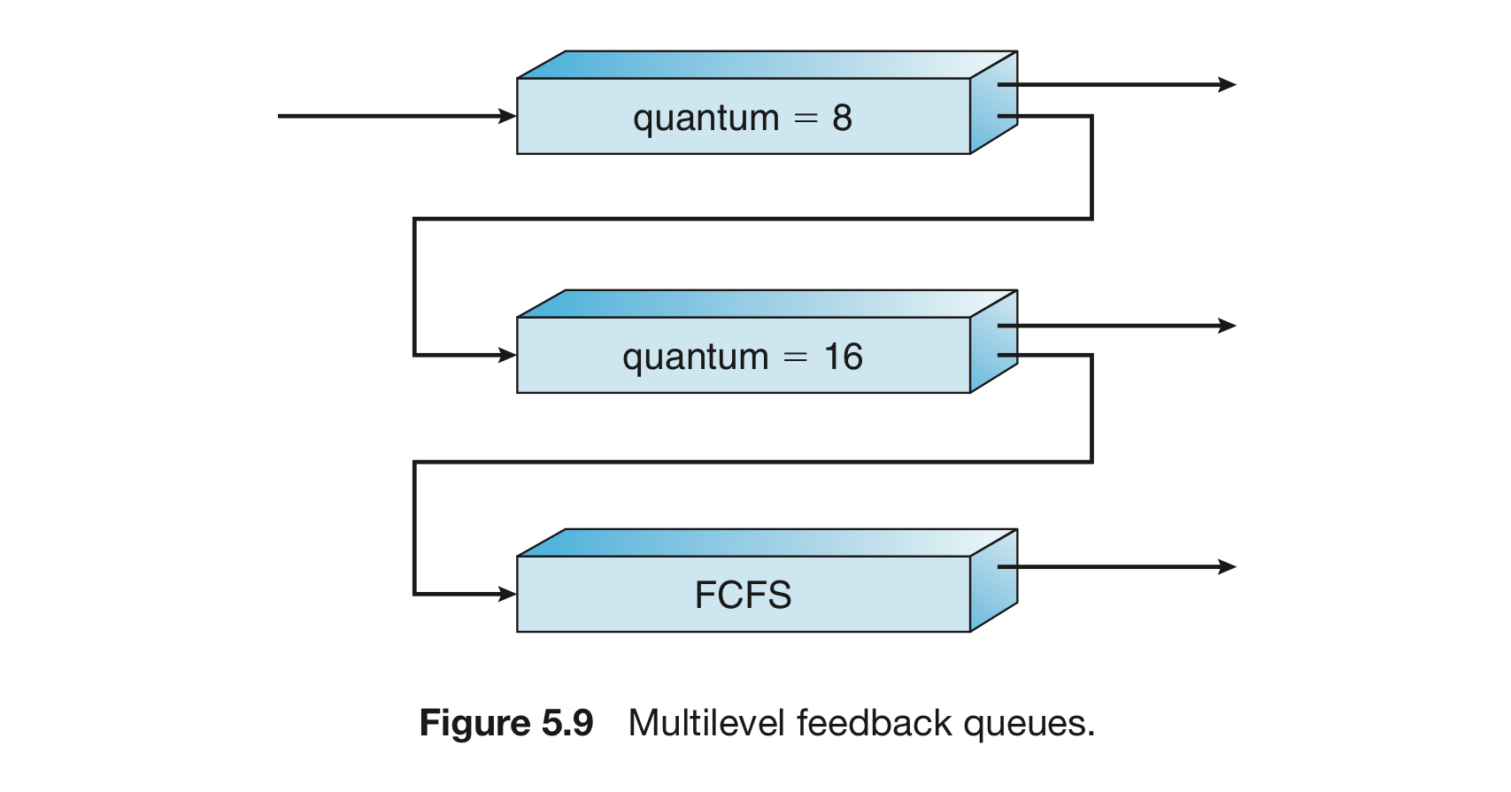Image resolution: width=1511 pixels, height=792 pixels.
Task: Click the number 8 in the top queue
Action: tap(842, 118)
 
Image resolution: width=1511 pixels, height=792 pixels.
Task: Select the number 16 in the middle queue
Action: tap(844, 357)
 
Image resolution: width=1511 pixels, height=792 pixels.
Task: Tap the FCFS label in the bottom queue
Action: tap(743, 595)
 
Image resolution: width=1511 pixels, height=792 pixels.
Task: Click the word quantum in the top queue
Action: tap(706, 119)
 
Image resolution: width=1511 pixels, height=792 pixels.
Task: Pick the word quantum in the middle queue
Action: tap(696, 358)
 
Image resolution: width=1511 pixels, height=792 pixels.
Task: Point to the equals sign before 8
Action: tap(806, 119)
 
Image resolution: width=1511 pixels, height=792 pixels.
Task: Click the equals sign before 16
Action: tap(795, 358)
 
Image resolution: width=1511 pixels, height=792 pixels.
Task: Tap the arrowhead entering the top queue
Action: tap(507, 116)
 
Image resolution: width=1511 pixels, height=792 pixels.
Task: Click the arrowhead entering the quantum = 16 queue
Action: tap(507, 355)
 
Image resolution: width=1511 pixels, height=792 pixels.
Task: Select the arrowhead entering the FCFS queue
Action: tap(507, 594)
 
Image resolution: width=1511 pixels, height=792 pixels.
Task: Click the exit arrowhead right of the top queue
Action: tap(1227, 85)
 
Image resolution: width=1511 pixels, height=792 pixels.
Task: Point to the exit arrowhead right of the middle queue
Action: tap(1227, 326)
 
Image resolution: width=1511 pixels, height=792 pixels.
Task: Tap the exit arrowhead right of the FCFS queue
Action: tap(1227, 566)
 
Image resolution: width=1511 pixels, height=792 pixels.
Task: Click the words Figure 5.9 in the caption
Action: tap(506, 723)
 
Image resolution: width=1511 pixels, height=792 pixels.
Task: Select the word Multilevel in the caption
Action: tap(706, 723)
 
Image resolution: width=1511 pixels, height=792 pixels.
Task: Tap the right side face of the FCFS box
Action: tap(994, 581)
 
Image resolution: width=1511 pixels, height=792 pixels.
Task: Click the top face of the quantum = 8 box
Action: tap(767, 65)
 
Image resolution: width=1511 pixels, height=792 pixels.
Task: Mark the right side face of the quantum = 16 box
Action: tap(994, 342)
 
